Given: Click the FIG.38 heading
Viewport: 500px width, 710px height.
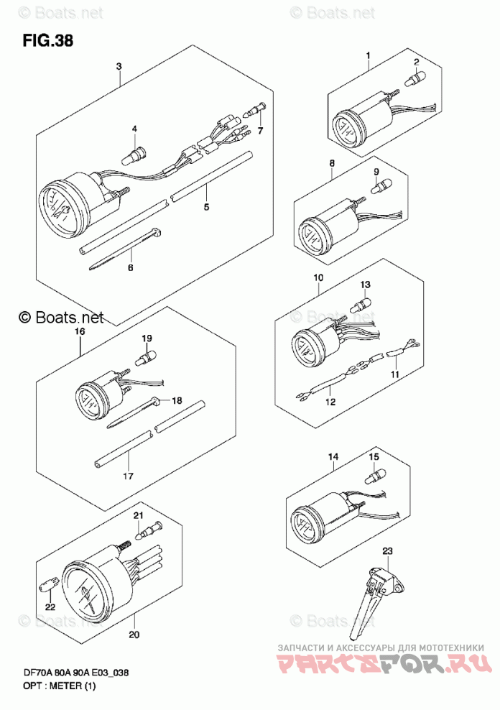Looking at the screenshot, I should tap(48, 40).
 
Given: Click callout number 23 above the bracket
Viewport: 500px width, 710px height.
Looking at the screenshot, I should tap(388, 551).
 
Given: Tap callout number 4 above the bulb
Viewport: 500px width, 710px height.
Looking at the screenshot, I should tap(134, 129).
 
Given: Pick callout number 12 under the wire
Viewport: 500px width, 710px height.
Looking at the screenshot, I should tap(330, 402).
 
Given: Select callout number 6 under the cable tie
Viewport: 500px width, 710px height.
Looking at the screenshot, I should tap(130, 267).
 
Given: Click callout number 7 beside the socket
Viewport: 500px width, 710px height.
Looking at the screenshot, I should tap(260, 131).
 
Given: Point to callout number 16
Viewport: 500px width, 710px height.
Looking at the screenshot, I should tap(79, 331).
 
